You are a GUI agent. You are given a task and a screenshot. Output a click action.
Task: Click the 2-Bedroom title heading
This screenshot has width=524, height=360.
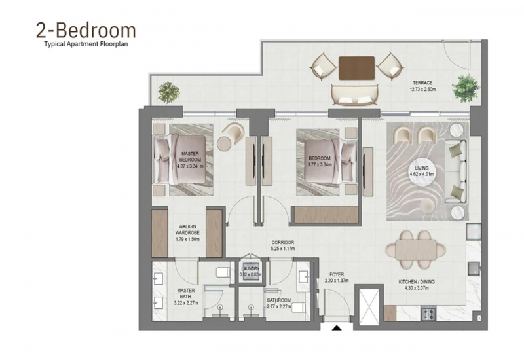pos(86,30)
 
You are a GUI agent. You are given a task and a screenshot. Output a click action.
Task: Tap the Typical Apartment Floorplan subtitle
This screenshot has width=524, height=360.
pos(86,44)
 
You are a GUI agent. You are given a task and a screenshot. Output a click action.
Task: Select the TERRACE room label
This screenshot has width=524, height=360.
pos(422,83)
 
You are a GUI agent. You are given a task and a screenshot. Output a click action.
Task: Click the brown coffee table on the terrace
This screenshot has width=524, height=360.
pos(356,68)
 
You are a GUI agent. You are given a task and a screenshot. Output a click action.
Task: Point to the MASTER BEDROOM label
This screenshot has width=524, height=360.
pos(190,156)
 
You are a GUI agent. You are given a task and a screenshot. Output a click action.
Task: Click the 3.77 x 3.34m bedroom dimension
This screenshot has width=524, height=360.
pos(320,165)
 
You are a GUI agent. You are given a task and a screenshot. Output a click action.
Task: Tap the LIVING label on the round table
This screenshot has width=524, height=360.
pos(422,168)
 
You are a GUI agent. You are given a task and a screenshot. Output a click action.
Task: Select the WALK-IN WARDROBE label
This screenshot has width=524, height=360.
pos(187,230)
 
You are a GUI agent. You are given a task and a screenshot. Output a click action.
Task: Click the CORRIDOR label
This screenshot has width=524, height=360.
pos(283,242)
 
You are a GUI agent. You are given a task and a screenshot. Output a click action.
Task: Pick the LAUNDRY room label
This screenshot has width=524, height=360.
pos(250,268)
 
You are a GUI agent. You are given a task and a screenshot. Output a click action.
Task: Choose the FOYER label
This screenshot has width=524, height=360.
pos(337,274)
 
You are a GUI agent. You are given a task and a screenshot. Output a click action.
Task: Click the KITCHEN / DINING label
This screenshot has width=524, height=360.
pos(417,282)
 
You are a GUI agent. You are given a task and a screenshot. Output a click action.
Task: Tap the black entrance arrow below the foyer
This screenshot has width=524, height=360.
pos(337,328)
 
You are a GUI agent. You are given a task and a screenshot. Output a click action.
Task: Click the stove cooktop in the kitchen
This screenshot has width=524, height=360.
pos(428,314)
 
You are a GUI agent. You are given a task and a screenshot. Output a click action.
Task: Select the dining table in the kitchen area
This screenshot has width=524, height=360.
pos(416,249)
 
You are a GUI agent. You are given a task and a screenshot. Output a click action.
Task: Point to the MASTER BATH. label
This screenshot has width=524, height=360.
pos(186,293)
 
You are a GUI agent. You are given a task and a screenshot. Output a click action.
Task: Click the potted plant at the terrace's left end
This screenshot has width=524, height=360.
pos(169,92)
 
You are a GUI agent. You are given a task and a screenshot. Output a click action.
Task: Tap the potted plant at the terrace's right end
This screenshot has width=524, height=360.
pos(466,88)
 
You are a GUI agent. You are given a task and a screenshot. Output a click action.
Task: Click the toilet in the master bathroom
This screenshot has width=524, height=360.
pos(223,272)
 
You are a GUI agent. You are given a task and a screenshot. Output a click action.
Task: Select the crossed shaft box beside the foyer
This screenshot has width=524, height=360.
pos(369,306)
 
